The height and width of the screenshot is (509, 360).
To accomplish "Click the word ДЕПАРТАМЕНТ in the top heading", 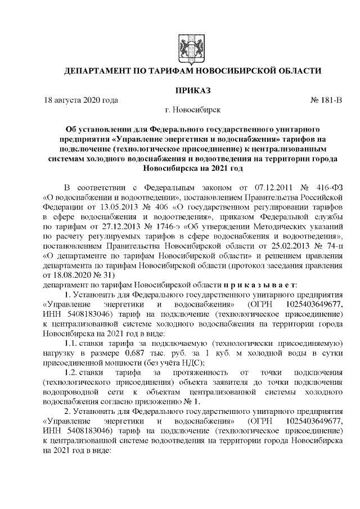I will pos(95,71).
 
